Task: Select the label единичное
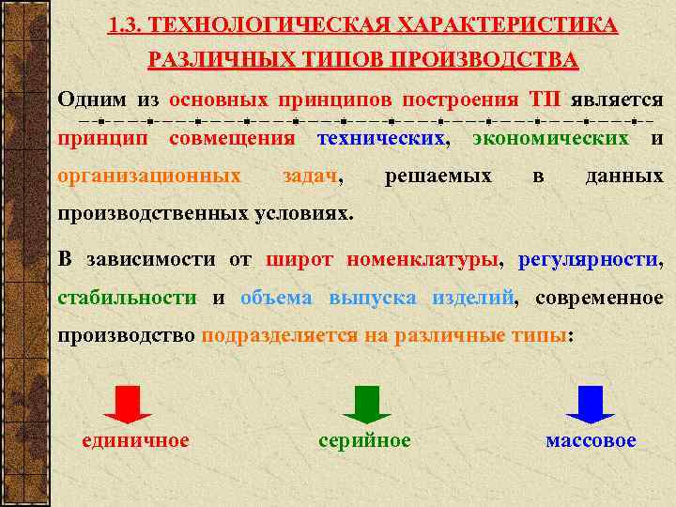(x=136, y=440)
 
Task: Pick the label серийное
(x=364, y=440)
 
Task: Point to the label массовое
(x=591, y=440)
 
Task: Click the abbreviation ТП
(x=545, y=100)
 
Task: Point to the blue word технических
(x=380, y=138)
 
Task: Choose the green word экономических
(x=550, y=138)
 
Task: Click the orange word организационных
(x=149, y=176)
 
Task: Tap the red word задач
(x=312, y=176)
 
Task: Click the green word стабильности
(x=127, y=299)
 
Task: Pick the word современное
(x=600, y=299)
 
